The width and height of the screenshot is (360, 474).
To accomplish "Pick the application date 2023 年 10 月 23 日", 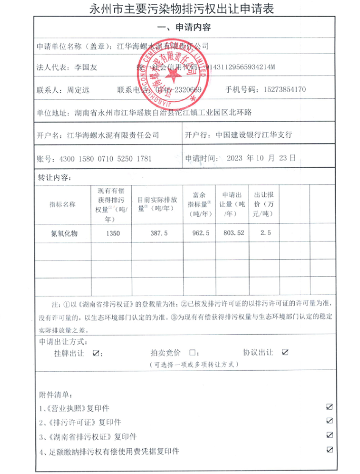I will tap(261, 158).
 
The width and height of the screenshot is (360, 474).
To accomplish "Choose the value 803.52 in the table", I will tap(233, 233).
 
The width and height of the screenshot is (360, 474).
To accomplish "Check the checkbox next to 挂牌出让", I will tap(97, 353).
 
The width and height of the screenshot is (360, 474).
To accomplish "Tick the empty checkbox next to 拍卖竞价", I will tap(192, 353).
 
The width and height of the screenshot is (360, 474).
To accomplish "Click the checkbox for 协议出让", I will tap(285, 352).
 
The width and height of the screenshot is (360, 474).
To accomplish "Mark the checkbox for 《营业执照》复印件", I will tap(330, 407).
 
